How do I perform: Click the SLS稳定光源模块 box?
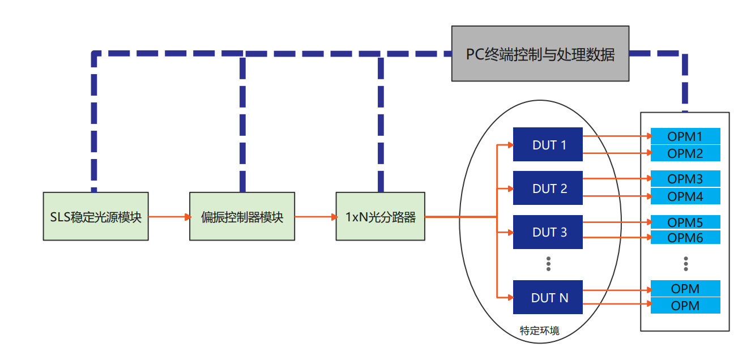click(x=96, y=216)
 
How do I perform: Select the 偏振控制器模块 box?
click(x=242, y=216)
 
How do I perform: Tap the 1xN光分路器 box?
click(x=380, y=216)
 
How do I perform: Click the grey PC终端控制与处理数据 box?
click(x=540, y=54)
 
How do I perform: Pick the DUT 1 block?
click(x=548, y=145)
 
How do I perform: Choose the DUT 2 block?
click(x=548, y=188)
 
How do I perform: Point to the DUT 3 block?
click(x=548, y=232)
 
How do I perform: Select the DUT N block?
click(x=548, y=297)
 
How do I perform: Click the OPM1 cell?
click(x=685, y=136)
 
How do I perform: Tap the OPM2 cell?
click(x=685, y=153)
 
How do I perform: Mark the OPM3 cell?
click(x=685, y=179)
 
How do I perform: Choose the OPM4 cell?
click(x=685, y=196)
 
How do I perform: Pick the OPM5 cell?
click(x=685, y=222)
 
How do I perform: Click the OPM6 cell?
click(x=685, y=238)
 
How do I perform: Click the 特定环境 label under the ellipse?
click(x=539, y=331)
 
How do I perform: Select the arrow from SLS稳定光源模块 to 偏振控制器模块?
click(x=169, y=216)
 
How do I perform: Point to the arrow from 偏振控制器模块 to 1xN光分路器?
click(x=315, y=216)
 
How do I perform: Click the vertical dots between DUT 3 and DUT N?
click(x=548, y=263)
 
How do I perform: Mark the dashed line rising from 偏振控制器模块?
click(x=242, y=125)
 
